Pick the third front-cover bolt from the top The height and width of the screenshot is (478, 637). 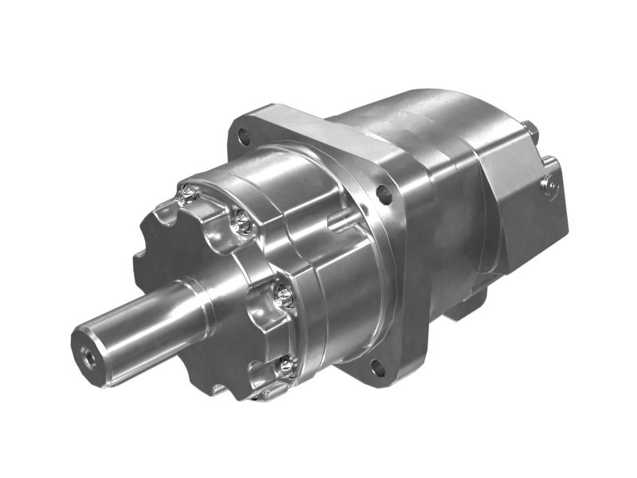click(283, 297)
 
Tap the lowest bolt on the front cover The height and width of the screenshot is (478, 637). click(284, 367)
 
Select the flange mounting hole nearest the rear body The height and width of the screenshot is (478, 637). click(384, 193)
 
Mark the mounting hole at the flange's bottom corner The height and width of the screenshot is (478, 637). click(377, 368)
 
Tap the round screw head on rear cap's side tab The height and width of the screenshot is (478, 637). click(549, 186)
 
